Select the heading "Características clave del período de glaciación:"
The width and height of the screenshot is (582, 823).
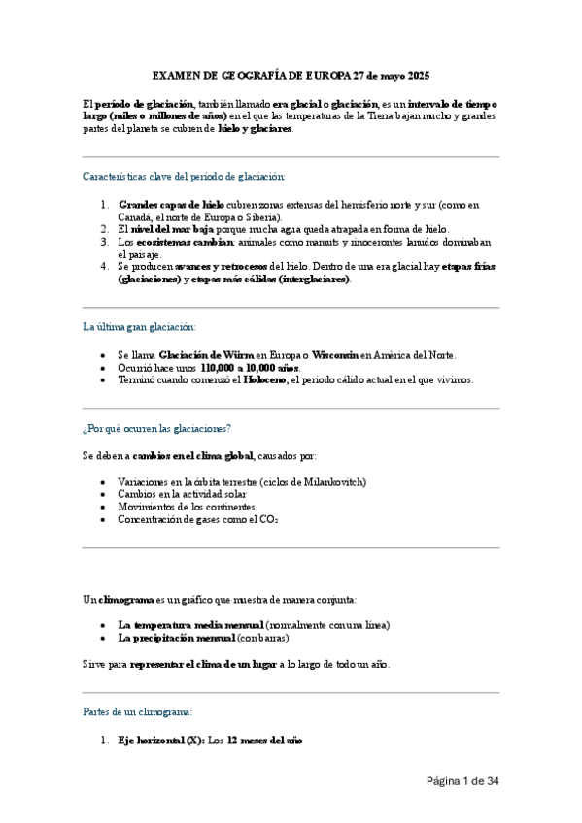pos(184,176)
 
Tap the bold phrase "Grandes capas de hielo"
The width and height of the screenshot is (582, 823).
pos(171,205)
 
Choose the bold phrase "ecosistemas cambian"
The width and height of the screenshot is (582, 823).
pos(184,242)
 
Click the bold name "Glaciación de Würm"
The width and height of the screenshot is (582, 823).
pos(206,355)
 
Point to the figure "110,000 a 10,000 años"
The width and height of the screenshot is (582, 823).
pos(251,368)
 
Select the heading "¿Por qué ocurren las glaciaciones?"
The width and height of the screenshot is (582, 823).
pos(156,428)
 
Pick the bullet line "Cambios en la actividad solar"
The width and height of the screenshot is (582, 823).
pos(182,494)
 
